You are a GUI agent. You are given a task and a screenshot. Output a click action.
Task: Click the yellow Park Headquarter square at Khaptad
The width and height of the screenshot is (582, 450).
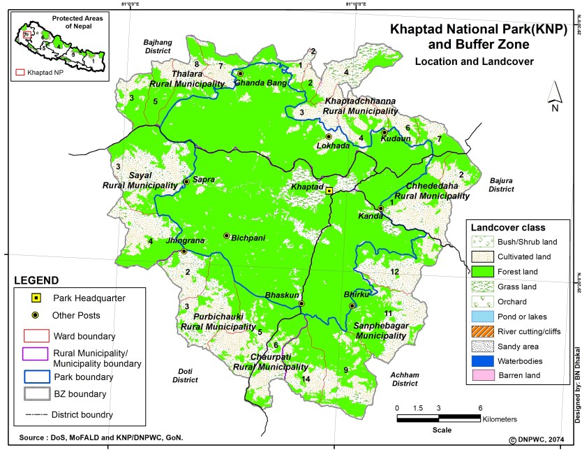tap(329, 190)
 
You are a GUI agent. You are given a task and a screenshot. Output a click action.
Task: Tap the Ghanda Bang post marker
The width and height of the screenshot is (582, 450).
tap(240, 73)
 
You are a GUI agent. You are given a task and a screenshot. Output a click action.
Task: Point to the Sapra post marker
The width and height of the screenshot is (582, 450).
tap(186, 181)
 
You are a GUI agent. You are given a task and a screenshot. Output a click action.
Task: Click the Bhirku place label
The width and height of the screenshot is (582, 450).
tap(356, 296)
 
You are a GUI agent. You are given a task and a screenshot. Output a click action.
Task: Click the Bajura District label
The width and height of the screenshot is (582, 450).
tap(501, 184)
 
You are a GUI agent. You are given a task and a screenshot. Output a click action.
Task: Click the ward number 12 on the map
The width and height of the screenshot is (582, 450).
tap(395, 271)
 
